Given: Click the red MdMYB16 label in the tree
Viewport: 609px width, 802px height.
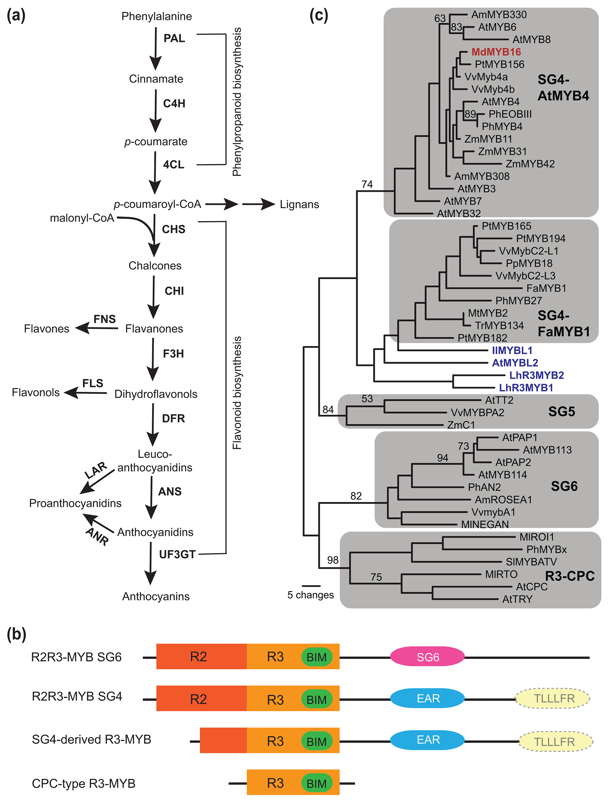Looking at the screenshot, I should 496,52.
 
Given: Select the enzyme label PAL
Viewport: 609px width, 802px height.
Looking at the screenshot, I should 174,38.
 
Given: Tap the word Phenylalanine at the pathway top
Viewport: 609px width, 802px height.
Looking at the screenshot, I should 157,16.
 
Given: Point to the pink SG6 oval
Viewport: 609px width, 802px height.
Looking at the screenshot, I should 427,657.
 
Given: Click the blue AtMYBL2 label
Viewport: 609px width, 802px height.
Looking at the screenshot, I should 515,363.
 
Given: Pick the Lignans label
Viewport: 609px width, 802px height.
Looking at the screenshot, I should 299,204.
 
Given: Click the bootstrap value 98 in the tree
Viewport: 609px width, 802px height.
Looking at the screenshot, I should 333,560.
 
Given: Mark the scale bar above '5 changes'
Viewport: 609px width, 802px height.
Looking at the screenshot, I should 311,585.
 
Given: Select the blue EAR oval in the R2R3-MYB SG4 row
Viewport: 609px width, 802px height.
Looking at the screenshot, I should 427,698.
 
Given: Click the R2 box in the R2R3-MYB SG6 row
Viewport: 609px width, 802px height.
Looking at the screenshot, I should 199,657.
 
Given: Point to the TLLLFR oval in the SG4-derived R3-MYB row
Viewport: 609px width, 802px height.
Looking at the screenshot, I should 555,742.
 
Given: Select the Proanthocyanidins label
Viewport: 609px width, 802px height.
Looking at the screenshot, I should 75,503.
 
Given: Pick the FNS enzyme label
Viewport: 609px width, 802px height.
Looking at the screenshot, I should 104,319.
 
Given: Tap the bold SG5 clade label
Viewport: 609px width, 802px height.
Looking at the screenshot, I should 561,411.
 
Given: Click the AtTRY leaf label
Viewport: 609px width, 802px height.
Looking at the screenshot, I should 517,599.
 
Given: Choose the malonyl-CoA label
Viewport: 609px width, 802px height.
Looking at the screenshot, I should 82,218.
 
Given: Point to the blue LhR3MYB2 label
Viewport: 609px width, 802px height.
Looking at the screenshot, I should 537,375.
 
